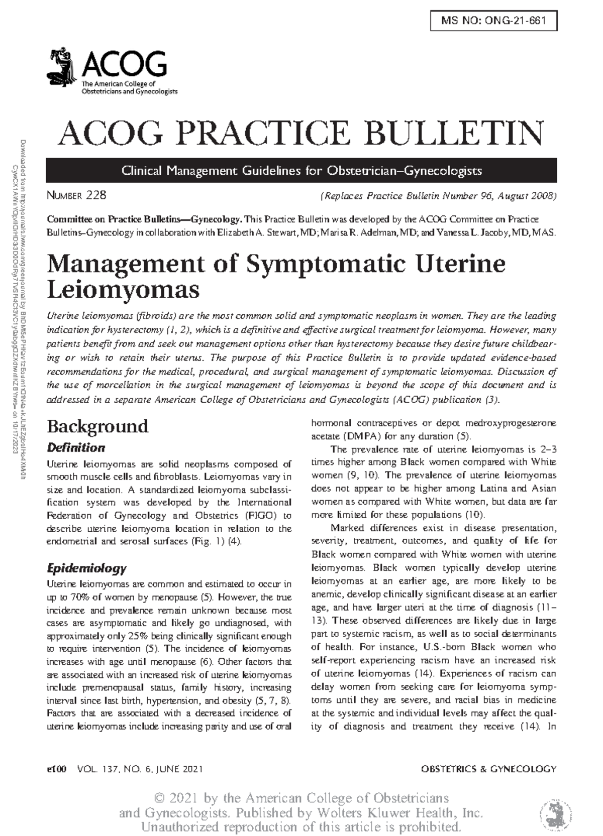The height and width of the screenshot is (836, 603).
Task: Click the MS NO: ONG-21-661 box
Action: pyautogui.click(x=493, y=21)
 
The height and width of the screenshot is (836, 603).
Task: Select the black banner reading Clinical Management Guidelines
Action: pyautogui.click(x=301, y=171)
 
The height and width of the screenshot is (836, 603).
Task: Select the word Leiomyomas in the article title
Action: pyautogui.click(x=123, y=290)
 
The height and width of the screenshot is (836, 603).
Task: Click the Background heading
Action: pyautogui.click(x=97, y=426)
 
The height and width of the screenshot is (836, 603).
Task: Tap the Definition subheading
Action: pyautogui.click(x=76, y=447)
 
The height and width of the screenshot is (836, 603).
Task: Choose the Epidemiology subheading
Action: pyautogui.click(x=86, y=568)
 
